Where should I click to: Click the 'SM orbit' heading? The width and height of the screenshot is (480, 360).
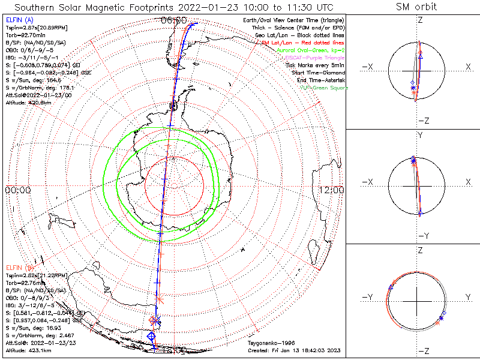(416, 7)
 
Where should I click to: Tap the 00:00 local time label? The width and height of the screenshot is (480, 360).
(18, 190)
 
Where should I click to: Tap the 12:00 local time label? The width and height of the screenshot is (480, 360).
(332, 190)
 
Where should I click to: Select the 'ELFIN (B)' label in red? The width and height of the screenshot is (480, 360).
(19, 267)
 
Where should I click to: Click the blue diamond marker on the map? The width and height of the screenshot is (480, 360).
(152, 336)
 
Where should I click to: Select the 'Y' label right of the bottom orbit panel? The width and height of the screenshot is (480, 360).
(467, 297)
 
